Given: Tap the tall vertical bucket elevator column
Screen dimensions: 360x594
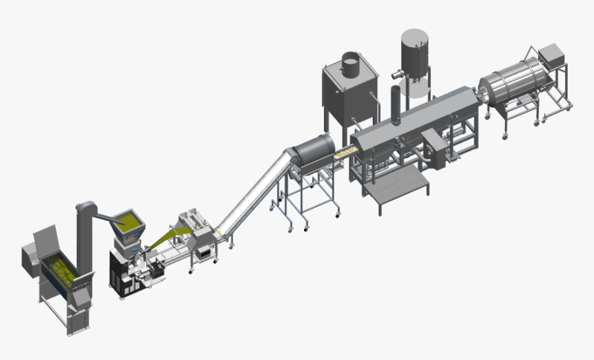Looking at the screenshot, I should pyautogui.click(x=85, y=235).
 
